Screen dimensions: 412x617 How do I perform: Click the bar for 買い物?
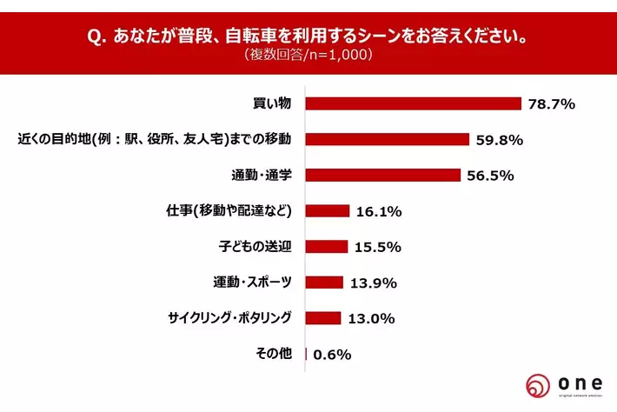point(414,103)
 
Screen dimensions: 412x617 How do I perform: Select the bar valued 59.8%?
point(388,139)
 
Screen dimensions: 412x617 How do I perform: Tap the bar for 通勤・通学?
point(383,175)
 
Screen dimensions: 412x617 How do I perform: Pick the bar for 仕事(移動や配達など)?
point(328,210)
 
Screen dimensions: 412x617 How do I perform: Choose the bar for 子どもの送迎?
point(327,246)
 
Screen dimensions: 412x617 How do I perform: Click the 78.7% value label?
point(552,104)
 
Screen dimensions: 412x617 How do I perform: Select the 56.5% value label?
point(491,175)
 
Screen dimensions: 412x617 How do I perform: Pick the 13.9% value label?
point(375,282)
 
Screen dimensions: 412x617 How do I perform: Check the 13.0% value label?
point(372,318)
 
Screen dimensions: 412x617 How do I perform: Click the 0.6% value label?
point(331,354)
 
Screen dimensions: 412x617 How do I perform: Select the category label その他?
point(279,353)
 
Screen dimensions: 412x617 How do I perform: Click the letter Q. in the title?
point(98,38)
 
